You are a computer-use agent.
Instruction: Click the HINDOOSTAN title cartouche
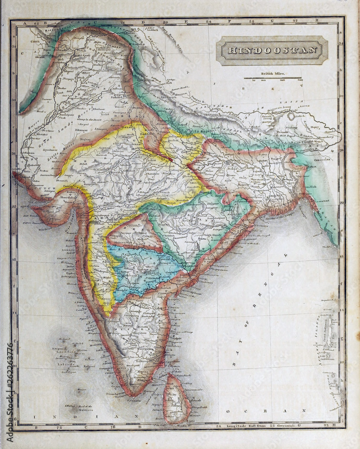tap(272, 50)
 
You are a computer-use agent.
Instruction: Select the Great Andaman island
tap(331, 330)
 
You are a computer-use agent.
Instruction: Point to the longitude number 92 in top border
tap(295, 21)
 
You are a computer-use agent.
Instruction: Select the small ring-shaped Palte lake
tap(291, 116)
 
